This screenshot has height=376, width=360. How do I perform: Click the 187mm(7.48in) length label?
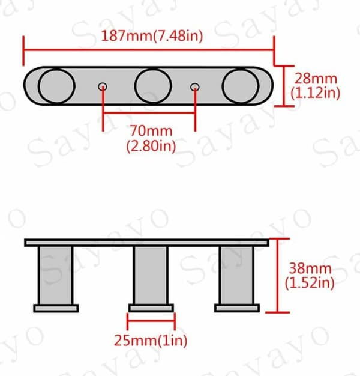152,37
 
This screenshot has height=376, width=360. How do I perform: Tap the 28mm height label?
316,86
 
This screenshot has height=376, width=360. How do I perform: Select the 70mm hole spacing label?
151,138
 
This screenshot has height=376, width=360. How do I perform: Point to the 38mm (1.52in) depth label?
310,276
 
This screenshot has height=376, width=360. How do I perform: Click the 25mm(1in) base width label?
151,341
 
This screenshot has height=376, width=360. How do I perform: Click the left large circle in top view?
56,86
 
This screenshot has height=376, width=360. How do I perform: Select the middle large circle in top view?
153,86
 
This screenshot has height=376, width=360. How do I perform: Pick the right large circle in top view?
241,86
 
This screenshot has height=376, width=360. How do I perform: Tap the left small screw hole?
103,86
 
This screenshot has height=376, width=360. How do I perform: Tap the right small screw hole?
195,87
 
